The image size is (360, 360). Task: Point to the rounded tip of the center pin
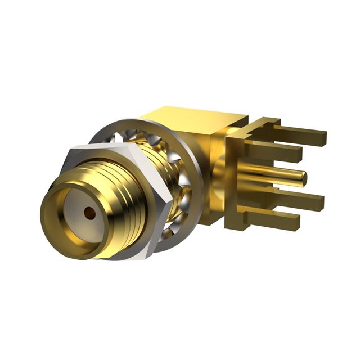[304, 178]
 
